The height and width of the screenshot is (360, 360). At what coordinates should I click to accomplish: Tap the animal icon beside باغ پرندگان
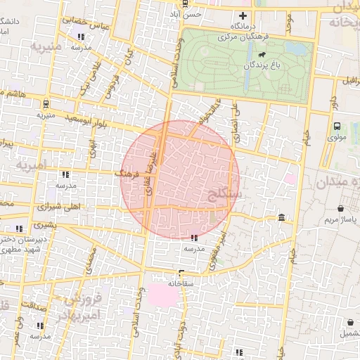[x=262, y=55]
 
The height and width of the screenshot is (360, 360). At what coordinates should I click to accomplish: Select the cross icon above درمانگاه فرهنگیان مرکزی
[x=243, y=15]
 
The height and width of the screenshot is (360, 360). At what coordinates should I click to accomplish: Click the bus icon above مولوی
[x=337, y=127]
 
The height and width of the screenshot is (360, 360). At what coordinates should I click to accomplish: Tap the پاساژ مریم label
[x=340, y=221]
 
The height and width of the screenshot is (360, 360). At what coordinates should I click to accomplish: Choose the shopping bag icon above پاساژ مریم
[x=341, y=209]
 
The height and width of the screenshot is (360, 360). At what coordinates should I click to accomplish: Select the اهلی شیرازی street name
[x=77, y=207]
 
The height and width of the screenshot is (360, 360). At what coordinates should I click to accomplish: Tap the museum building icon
[x=282, y=217]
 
